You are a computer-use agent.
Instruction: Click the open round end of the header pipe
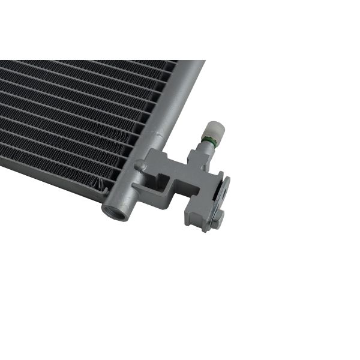(x=115, y=210)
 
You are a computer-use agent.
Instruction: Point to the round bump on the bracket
(x=140, y=165)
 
